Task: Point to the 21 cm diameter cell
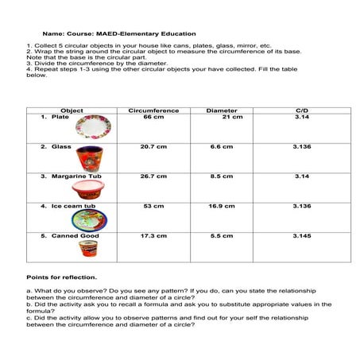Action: tap(232, 117)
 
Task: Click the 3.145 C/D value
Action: tap(301, 236)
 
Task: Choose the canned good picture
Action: tap(87, 249)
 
